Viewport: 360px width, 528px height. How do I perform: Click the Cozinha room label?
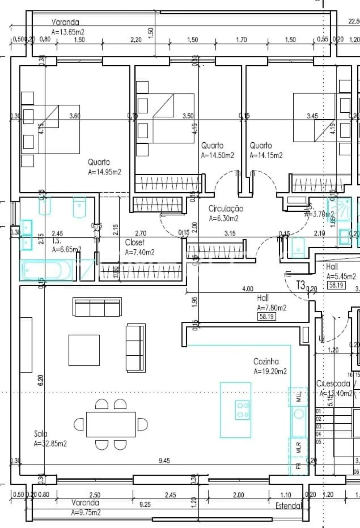click(x=266, y=361)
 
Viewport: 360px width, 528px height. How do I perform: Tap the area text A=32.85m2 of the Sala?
click(x=50, y=444)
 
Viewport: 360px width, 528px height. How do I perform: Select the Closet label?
click(x=135, y=242)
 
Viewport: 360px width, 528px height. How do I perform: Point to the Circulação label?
click(x=226, y=209)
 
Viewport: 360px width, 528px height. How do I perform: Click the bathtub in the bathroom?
click(x=46, y=270)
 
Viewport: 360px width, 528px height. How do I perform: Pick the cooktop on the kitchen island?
click(x=242, y=410)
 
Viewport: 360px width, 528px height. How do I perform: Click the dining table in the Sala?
click(x=111, y=424)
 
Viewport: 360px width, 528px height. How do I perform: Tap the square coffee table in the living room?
click(x=84, y=350)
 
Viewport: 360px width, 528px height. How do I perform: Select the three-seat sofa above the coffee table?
click(x=97, y=307)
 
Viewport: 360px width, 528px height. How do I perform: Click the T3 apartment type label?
click(x=300, y=285)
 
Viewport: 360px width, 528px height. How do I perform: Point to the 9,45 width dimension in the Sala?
click(x=164, y=461)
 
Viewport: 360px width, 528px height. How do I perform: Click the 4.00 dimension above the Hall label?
click(x=248, y=289)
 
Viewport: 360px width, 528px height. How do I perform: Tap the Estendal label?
click(x=288, y=506)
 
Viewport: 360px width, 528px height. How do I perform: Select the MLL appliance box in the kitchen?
click(x=298, y=397)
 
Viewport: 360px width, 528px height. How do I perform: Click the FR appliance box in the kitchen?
click(x=298, y=466)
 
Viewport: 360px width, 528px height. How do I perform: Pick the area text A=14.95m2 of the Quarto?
click(x=104, y=172)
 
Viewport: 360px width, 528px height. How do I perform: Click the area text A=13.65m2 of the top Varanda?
click(x=68, y=32)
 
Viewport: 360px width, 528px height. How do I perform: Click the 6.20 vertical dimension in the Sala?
click(x=40, y=380)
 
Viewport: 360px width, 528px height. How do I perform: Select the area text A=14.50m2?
click(x=217, y=155)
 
